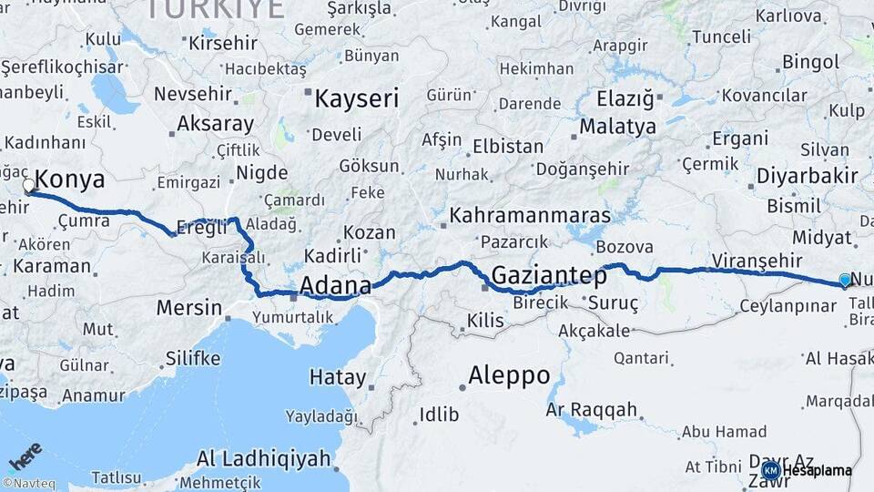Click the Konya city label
[70, 179]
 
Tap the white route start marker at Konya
[28, 187]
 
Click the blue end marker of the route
[845, 281]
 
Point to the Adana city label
[335, 286]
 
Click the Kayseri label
[356, 98]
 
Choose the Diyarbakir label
[807, 175]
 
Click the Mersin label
[188, 307]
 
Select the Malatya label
[617, 126]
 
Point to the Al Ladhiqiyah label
[263, 458]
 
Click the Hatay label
[338, 377]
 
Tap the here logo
[25, 456]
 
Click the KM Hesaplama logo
[807, 470]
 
